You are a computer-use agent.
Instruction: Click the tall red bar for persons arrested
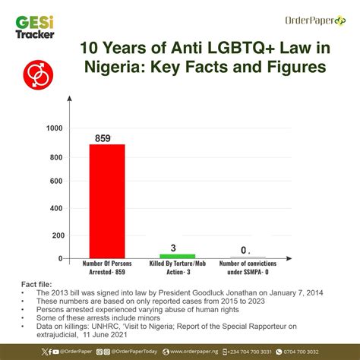(107, 201)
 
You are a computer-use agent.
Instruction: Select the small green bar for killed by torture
(177, 257)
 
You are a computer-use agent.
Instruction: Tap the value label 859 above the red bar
(106, 138)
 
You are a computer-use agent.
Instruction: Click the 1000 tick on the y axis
(55, 128)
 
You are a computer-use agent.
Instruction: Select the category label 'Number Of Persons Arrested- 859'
(107, 268)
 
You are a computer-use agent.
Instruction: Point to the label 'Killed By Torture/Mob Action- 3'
(177, 268)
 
